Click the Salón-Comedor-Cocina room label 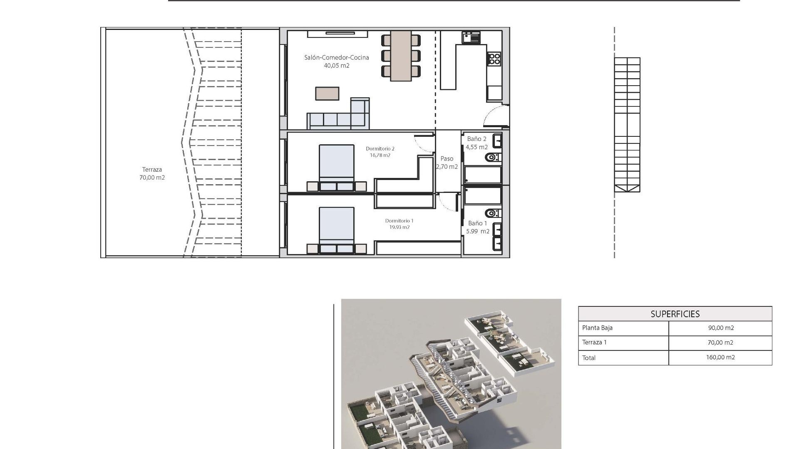(336, 58)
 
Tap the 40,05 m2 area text (336, 66)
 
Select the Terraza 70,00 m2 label (152, 173)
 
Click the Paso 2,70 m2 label (447, 163)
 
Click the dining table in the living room (401, 56)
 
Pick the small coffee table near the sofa (327, 94)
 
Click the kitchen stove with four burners (494, 59)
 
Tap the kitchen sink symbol (471, 37)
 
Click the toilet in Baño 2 (493, 158)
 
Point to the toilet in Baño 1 (493, 213)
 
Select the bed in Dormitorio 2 (336, 166)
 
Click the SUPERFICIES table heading (675, 314)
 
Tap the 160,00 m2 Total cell (720, 358)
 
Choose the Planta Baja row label (597, 328)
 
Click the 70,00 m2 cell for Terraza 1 (720, 343)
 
